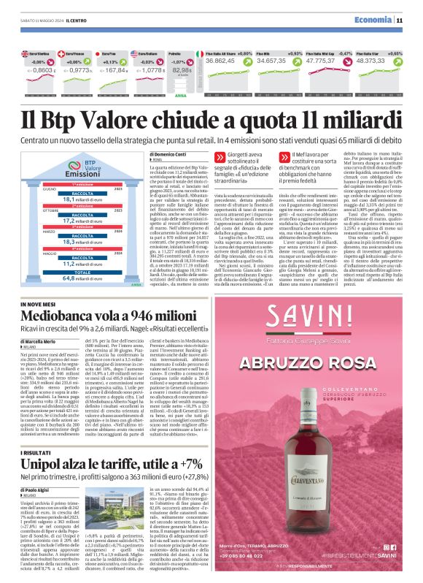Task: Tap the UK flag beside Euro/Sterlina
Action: [26, 54]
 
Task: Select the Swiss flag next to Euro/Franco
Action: [67, 54]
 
